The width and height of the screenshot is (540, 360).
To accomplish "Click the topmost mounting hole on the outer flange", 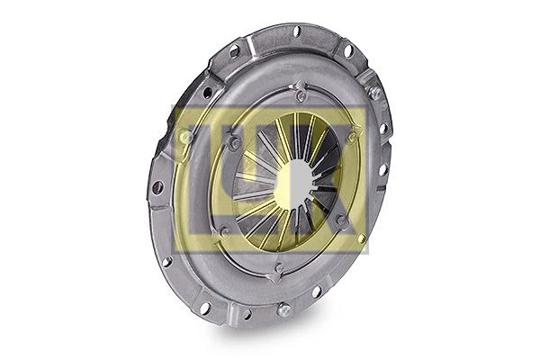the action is (x=296, y=31).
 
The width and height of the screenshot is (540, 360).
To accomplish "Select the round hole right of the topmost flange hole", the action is (x=347, y=50).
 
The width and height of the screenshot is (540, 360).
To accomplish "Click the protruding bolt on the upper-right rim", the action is (x=374, y=93).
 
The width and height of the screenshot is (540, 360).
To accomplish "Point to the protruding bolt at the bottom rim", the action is (x=283, y=310).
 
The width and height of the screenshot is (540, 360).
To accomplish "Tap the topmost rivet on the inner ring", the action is (x=301, y=96).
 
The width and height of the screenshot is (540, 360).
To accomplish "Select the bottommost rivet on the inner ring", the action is (x=280, y=267).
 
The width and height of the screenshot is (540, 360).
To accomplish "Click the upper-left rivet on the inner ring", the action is (x=235, y=141).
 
